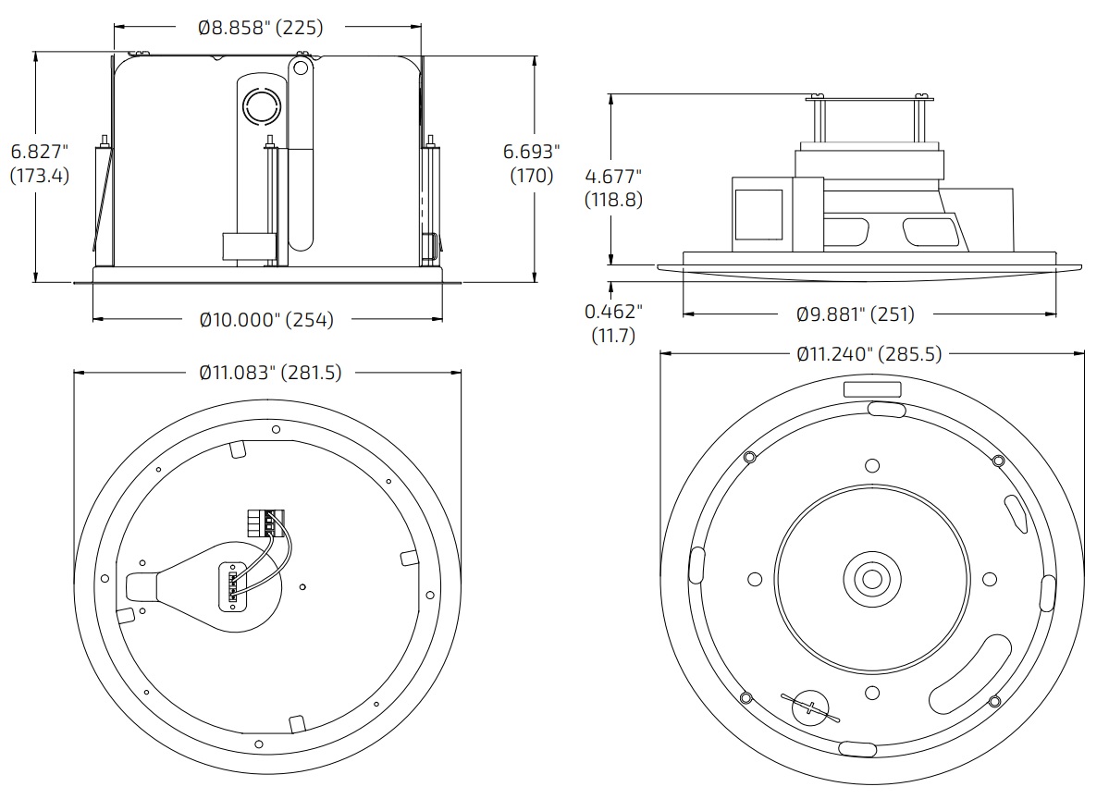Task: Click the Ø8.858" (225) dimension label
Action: tap(261, 28)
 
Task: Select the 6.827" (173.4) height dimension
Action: tap(39, 163)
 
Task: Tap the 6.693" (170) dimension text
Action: tap(532, 163)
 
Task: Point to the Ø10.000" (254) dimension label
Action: tap(266, 320)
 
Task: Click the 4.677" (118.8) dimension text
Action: tap(613, 187)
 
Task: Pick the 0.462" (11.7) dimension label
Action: tap(614, 324)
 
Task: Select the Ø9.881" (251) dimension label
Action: tap(856, 314)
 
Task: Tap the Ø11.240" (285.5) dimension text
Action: tap(869, 354)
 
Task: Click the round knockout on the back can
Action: tap(260, 106)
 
